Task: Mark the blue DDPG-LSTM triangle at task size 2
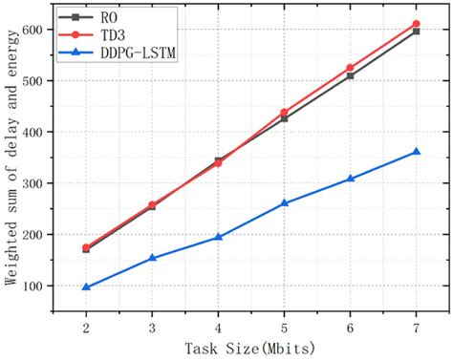pyautogui.click(x=86, y=287)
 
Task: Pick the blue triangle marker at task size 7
pyautogui.click(x=416, y=152)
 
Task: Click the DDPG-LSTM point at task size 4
pyautogui.click(x=218, y=237)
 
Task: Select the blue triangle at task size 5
pyautogui.click(x=284, y=203)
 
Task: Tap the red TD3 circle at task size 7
pyautogui.click(x=416, y=24)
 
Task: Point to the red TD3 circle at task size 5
pyautogui.click(x=284, y=113)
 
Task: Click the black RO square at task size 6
pyautogui.click(x=350, y=75)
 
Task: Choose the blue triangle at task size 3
pyautogui.click(x=152, y=258)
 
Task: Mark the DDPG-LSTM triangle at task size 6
pyautogui.click(x=350, y=179)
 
